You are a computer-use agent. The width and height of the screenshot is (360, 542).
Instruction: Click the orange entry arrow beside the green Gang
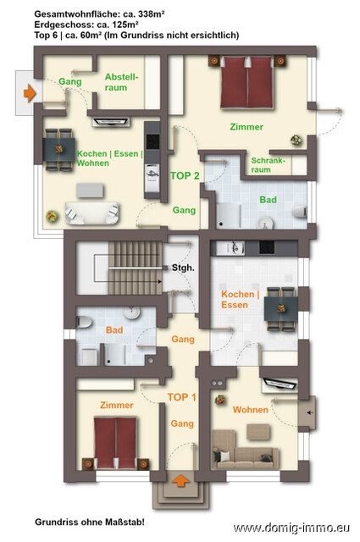point(30,93)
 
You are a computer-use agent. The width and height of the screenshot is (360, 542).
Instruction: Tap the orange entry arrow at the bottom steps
point(180,480)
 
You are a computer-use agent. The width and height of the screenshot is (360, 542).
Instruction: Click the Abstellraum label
point(121,82)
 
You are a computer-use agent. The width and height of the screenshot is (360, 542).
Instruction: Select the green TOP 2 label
point(185,176)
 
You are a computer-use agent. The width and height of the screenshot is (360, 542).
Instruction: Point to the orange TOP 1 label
point(182,397)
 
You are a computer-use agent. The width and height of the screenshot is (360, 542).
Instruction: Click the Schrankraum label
point(268,165)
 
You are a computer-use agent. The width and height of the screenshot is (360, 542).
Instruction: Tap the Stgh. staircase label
point(183,268)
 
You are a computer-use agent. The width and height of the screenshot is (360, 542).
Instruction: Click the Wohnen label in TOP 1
point(251,410)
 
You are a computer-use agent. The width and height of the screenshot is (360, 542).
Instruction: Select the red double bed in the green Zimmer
point(247,82)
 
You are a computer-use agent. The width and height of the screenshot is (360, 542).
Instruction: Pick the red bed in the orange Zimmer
point(115,443)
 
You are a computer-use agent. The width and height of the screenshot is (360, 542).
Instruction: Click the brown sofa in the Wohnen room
point(246,450)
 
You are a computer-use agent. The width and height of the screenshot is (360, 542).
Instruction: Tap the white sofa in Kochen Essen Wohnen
point(92,213)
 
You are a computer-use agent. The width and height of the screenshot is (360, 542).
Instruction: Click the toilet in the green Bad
point(300,212)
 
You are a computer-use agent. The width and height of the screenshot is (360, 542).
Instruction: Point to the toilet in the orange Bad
point(84,322)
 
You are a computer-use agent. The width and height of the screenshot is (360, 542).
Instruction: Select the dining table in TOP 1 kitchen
point(281,308)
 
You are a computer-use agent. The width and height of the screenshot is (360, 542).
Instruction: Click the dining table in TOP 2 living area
point(58,149)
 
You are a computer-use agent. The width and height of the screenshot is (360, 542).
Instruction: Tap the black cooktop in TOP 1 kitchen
point(267,247)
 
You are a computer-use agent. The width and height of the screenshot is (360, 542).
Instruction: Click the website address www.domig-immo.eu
point(291,528)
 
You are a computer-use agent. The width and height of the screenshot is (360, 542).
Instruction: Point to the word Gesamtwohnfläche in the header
point(75,14)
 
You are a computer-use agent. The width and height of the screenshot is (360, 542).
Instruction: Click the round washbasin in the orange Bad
point(132,312)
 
